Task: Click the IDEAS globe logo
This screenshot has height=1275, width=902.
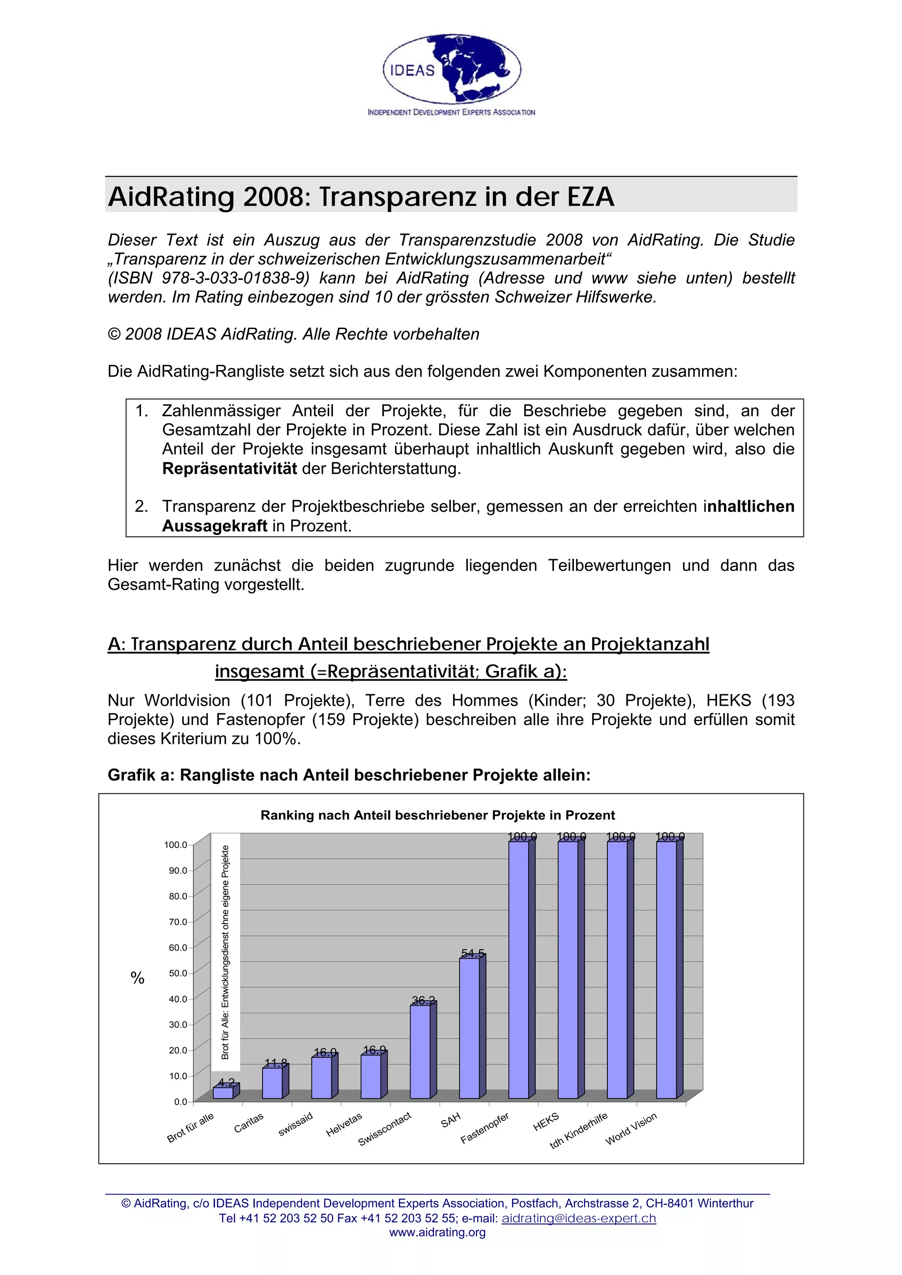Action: coord(451,70)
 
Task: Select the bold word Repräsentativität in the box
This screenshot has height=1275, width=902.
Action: coord(229,469)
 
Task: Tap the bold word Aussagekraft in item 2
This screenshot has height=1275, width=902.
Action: coord(214,526)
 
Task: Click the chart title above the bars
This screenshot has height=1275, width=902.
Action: coord(437,815)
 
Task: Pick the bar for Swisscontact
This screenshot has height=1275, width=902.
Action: coord(420,1051)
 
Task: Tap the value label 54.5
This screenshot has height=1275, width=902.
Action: coord(473,953)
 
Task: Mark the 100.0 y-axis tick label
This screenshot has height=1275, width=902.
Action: coord(175,845)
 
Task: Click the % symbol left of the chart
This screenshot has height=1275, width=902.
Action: coord(137,978)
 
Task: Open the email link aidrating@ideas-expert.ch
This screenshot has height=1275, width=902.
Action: coord(579,1218)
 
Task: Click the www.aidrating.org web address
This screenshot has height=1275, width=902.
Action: coord(437,1233)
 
